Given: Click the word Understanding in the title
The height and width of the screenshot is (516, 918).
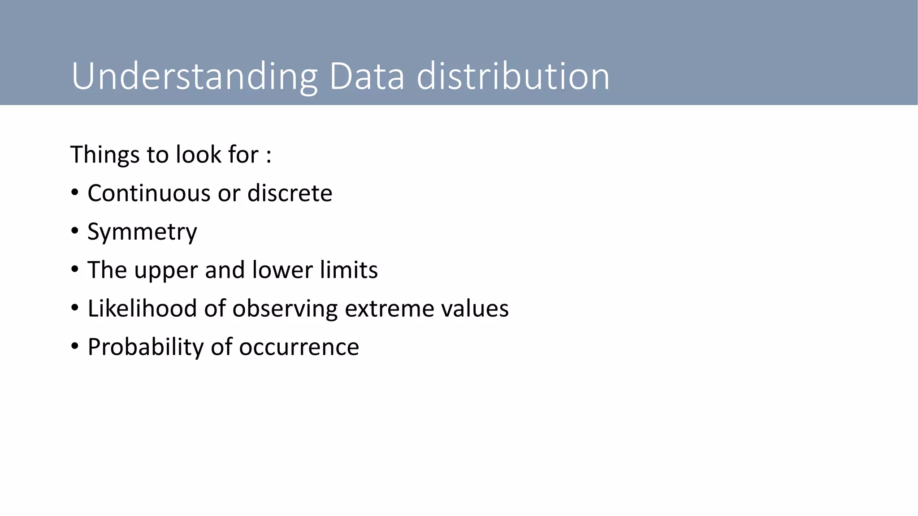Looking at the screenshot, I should click(194, 77).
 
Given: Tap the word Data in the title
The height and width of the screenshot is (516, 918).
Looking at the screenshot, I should click(367, 76).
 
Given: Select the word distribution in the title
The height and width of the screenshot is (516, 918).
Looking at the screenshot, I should click(513, 76).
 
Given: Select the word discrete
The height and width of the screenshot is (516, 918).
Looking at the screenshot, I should click(290, 193).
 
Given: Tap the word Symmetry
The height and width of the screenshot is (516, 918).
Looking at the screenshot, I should click(142, 232).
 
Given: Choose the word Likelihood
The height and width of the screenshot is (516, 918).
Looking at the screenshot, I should click(142, 308).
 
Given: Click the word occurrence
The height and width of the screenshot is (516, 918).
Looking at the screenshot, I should click(299, 347).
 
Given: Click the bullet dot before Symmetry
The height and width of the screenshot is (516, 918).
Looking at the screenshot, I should click(75, 231).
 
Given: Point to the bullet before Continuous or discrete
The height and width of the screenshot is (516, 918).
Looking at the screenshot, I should click(75, 193).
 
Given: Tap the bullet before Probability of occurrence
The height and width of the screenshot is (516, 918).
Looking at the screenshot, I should click(75, 346).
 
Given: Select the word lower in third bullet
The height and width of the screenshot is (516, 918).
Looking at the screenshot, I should click(282, 270).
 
